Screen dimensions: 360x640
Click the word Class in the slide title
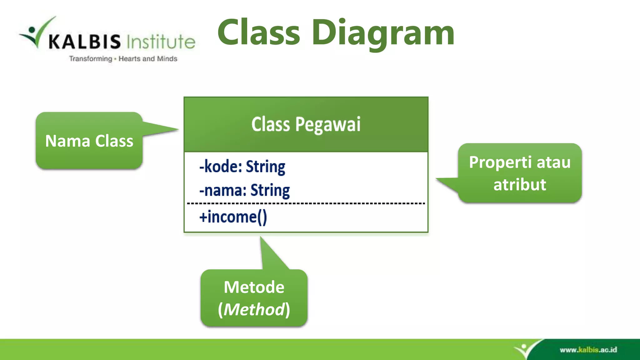point(259,32)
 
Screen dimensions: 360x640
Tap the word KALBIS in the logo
point(84,42)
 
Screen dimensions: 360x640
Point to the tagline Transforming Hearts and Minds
point(123,59)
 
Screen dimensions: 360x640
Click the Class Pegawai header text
point(306,124)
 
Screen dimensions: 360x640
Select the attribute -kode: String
point(242,167)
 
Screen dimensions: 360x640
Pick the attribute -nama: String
point(245,190)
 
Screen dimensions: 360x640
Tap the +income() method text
point(233,217)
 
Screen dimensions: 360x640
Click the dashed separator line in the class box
point(306,203)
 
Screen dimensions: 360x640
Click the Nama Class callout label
point(89,141)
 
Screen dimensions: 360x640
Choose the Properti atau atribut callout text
point(520,173)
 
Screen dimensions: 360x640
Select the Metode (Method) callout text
point(254,298)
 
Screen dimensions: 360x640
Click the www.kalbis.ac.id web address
point(588,350)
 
